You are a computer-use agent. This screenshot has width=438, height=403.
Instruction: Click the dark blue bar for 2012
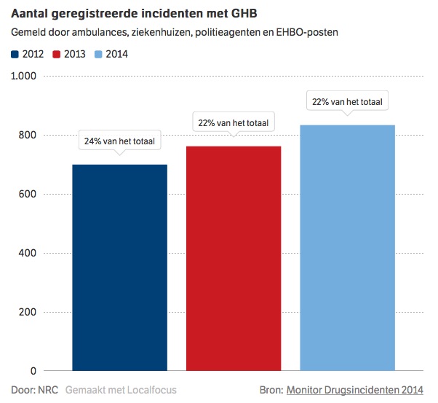pos(120,267)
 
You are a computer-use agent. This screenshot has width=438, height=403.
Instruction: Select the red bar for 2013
pos(234,258)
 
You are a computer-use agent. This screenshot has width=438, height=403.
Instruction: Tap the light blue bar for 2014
pos(348,248)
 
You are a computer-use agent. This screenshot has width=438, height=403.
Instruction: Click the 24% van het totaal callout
pos(120,141)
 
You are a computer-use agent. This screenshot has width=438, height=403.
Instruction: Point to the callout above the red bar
pos(234,123)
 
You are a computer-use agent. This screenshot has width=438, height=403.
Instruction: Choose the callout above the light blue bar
pos(348,102)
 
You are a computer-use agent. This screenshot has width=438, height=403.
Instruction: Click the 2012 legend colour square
pos(15,53)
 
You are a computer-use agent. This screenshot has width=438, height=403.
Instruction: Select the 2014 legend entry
pos(110,53)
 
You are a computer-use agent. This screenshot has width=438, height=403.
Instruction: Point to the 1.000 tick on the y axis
pos(23,76)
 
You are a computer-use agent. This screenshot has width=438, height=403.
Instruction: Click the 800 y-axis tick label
pos(27,135)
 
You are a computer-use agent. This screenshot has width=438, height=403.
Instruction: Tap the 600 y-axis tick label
pos(27,194)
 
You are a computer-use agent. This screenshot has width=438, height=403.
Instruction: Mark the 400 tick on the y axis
pos(27,253)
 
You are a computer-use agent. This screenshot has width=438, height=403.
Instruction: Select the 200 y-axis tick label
pos(27,312)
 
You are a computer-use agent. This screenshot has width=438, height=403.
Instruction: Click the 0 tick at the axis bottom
pos(32,371)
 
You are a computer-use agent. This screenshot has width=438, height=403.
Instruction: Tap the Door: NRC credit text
pos(34,390)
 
